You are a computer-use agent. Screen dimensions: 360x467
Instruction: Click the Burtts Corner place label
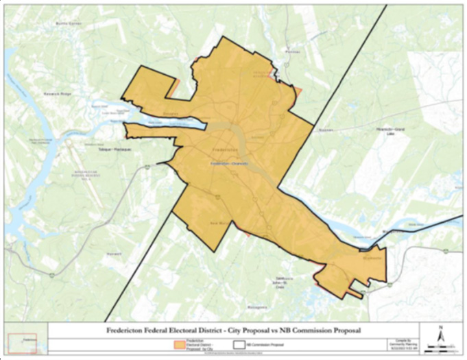pos(69,23)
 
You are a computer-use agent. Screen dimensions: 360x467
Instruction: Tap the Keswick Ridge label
pos(57,93)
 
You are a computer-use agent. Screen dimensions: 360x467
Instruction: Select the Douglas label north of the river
pos(171,114)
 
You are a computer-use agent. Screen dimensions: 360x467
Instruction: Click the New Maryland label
pos(218,223)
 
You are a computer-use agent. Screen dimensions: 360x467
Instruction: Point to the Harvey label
pos(115,253)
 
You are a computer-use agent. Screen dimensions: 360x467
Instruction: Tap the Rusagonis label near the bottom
pos(258,307)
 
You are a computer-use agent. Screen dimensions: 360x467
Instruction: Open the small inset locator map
pos(25,340)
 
